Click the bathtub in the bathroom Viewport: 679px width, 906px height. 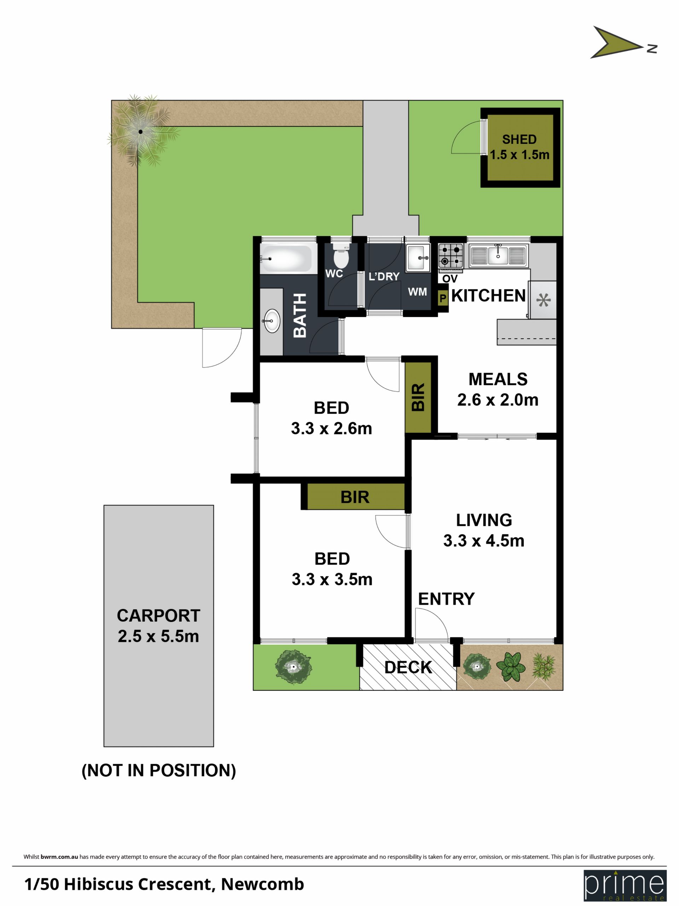point(288,259)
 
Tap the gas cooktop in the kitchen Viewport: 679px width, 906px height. point(451,255)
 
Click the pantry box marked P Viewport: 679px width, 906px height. point(442,298)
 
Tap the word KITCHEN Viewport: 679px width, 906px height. point(488,296)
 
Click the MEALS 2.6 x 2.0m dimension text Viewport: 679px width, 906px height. point(498,400)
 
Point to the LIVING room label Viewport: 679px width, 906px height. point(484,520)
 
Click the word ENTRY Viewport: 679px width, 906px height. point(446,599)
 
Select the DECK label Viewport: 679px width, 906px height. point(408,667)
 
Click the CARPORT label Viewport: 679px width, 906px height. point(158,615)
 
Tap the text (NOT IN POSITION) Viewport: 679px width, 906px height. point(159,770)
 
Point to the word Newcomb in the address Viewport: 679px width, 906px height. point(262,884)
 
